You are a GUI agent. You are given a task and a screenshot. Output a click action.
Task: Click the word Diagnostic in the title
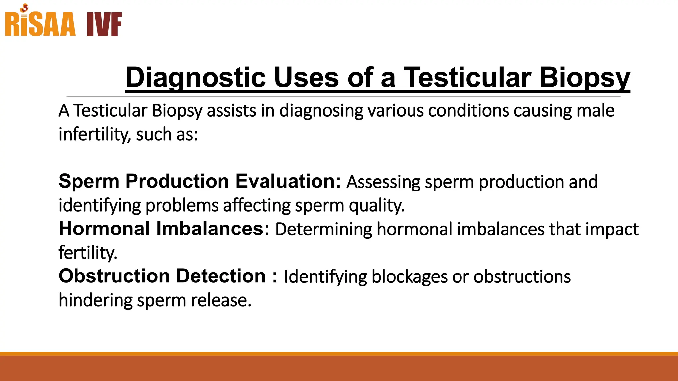tap(195, 77)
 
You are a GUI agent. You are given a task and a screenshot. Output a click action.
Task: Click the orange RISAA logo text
tap(40, 24)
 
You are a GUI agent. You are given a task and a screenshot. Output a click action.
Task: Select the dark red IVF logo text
tap(104, 24)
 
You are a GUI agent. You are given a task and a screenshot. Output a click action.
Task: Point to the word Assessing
tap(383, 182)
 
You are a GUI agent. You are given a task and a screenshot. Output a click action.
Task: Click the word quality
tap(377, 206)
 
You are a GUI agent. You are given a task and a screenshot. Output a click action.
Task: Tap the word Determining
tap(323, 229)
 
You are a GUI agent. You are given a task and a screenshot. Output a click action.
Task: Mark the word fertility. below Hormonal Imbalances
tap(88, 253)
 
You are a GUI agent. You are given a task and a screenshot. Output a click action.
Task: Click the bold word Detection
tap(221, 276)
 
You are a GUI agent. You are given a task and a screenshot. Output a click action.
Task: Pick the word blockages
tap(410, 277)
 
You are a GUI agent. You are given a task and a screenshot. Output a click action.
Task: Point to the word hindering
tap(95, 300)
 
